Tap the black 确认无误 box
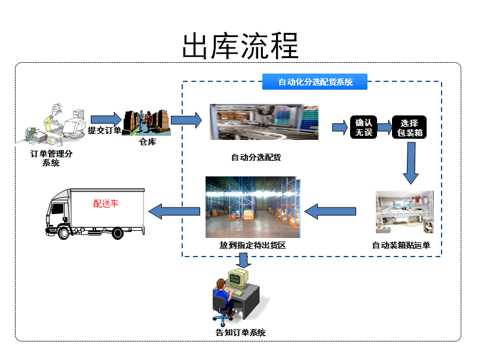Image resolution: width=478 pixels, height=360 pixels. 364,127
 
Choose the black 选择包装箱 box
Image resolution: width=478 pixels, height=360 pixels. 409,127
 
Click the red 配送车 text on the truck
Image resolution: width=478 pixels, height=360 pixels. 106,203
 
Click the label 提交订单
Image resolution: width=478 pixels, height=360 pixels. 105,130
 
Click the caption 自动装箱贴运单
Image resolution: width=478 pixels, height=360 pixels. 401,245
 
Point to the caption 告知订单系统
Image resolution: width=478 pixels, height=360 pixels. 240,332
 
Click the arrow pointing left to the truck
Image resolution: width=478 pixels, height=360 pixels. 174,210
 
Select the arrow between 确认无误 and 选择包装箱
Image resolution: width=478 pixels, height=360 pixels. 382,127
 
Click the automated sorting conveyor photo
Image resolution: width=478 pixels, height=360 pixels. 263,123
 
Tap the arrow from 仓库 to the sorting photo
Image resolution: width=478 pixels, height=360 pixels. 186,120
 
